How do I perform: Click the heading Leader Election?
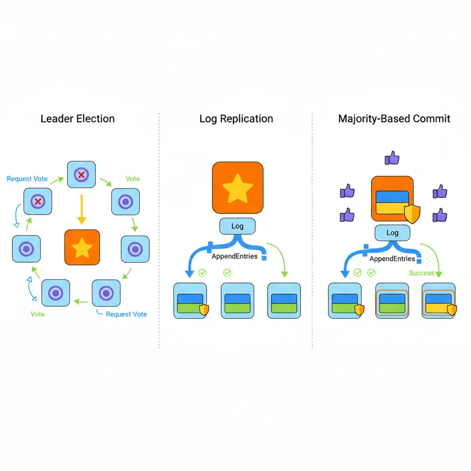77,119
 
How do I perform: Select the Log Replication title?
236,119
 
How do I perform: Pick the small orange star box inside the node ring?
82,247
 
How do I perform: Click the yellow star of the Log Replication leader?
237,188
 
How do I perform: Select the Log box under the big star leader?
237,226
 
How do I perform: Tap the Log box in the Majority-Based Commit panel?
392,233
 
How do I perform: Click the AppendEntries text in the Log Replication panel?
234,256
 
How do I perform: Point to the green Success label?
421,273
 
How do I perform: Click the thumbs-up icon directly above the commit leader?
392,158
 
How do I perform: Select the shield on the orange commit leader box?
412,214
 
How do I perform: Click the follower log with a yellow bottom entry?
438,301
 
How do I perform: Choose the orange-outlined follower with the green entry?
392,301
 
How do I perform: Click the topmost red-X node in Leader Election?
81,174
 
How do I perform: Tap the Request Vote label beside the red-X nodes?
27,179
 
